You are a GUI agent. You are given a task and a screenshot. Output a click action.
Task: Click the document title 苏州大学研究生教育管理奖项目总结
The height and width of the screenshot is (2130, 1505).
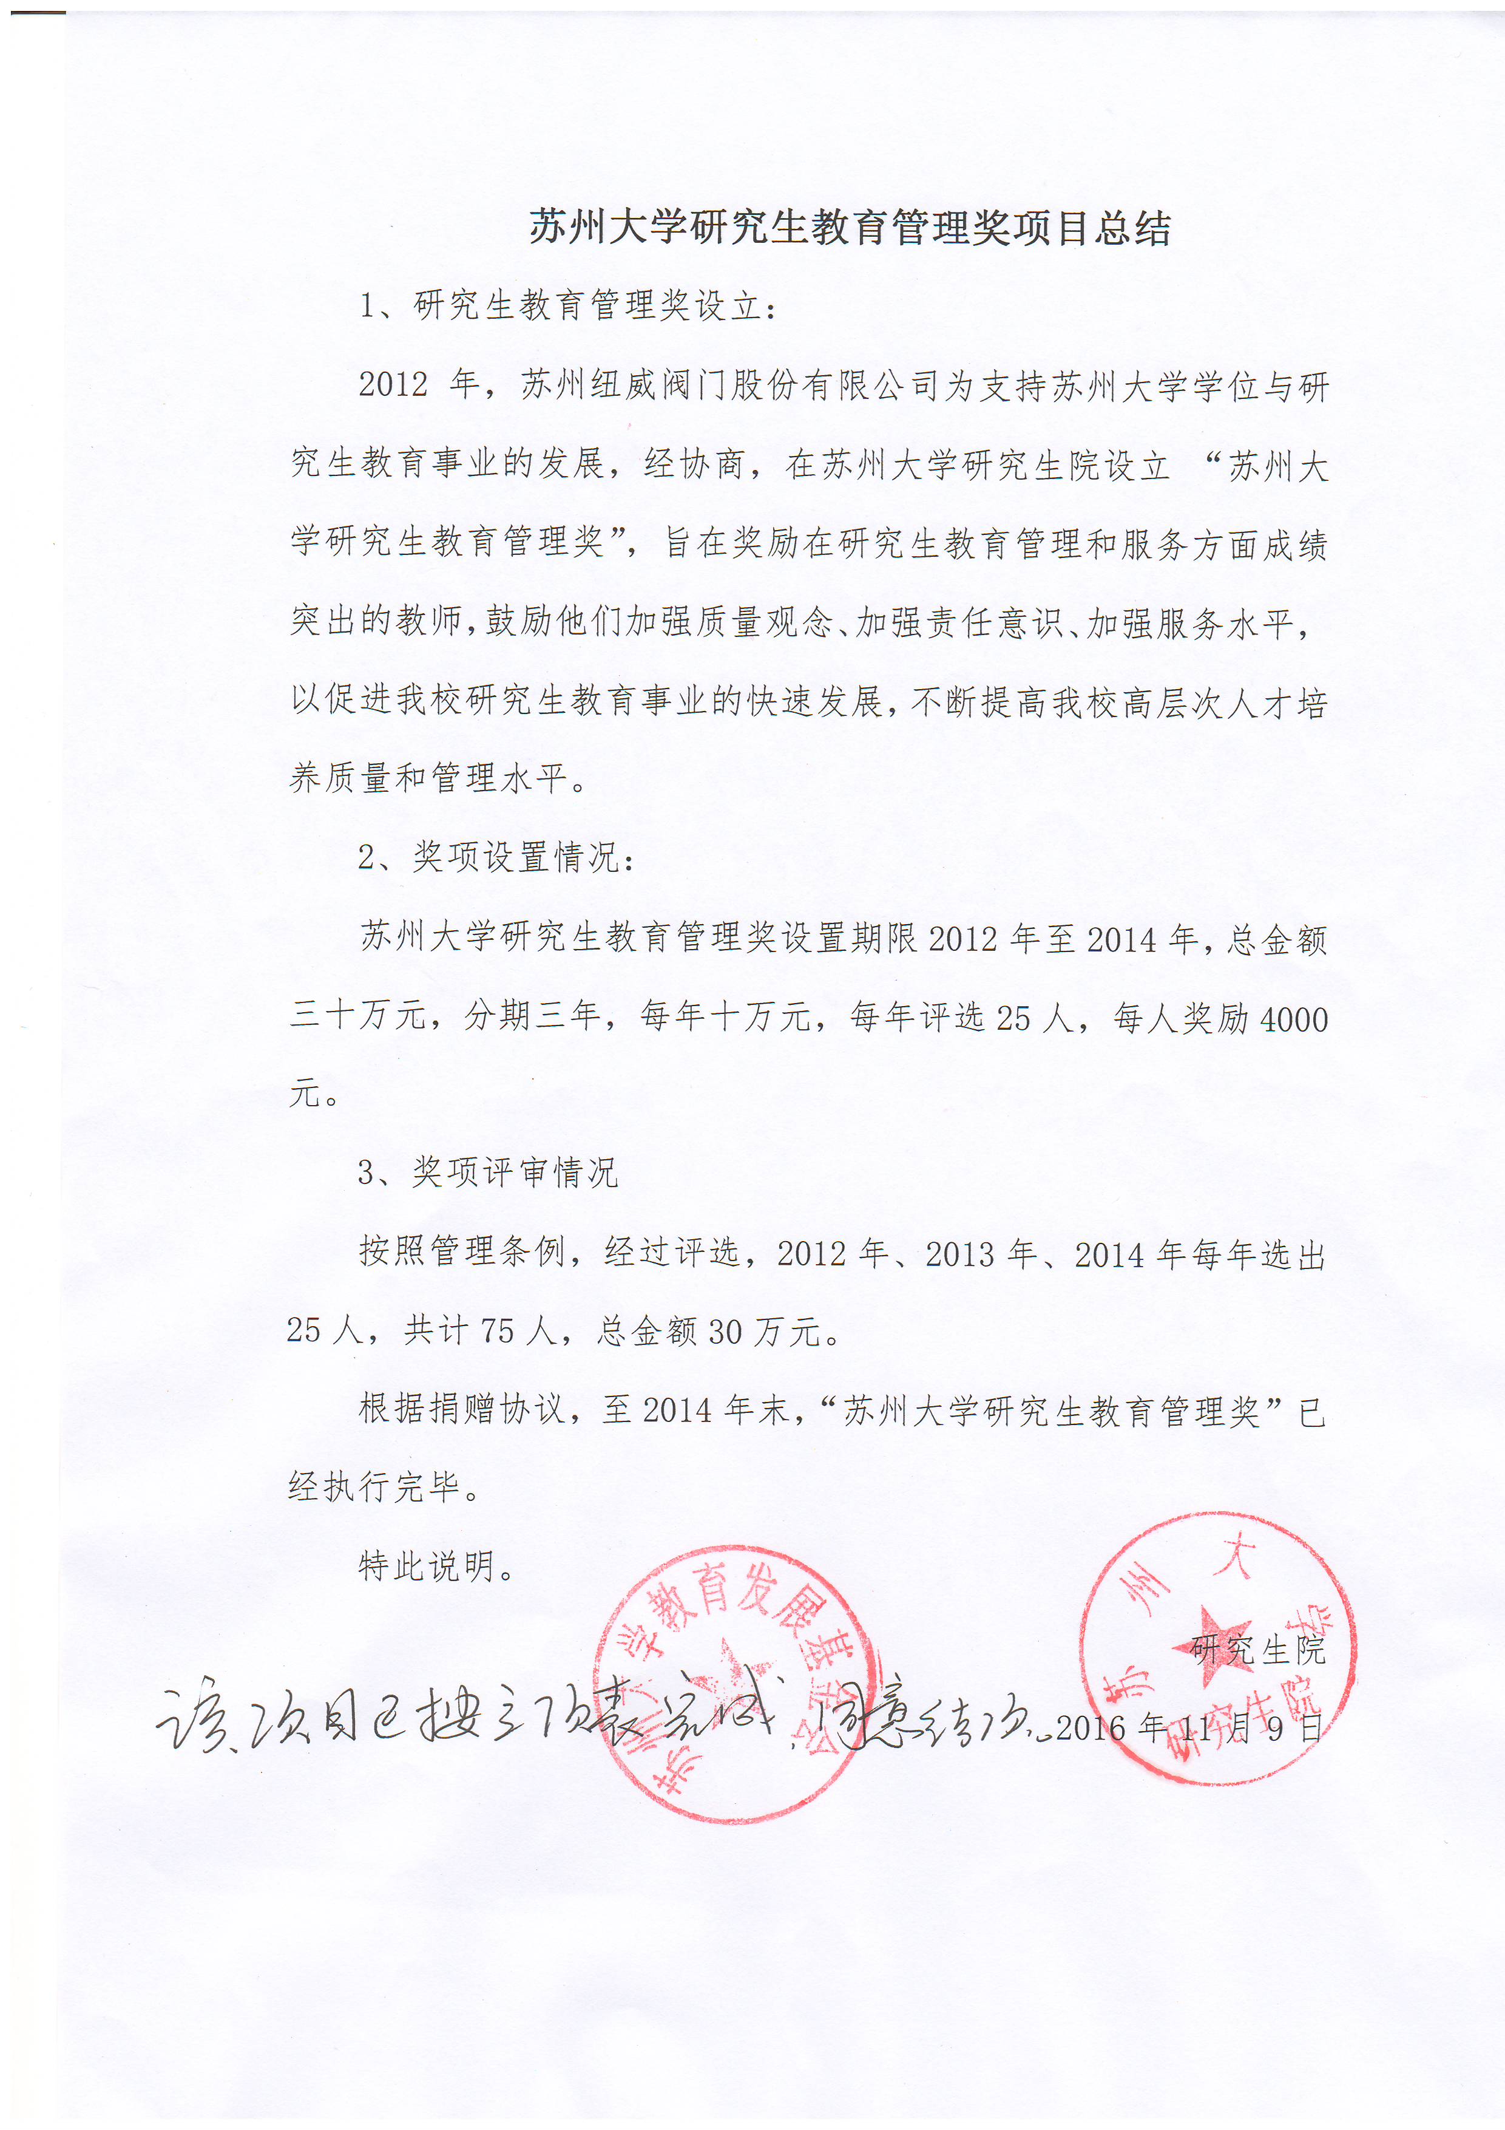[x=850, y=228]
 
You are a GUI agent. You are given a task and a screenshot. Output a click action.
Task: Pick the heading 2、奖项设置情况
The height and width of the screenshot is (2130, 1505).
[x=497, y=857]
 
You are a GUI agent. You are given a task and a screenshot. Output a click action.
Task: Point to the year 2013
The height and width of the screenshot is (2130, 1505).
[x=961, y=1255]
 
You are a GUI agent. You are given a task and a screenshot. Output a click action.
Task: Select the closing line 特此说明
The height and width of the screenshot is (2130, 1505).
[x=436, y=1567]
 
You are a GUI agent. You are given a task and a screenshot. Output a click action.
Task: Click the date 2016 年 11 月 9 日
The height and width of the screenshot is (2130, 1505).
[x=1189, y=1728]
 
